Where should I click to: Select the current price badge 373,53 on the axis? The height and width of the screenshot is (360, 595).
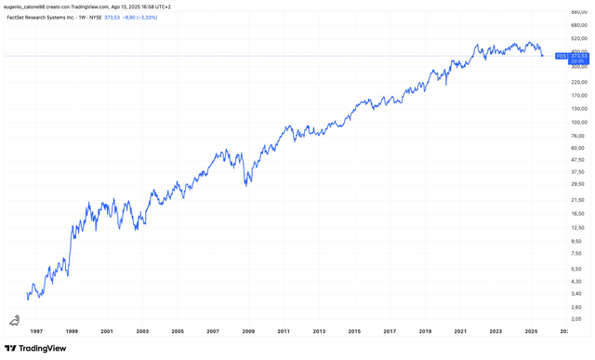[576, 56]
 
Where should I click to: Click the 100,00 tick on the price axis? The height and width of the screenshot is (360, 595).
[577, 121]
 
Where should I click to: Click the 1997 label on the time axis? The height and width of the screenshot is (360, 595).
[36, 330]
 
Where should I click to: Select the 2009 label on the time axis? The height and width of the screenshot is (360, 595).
[248, 330]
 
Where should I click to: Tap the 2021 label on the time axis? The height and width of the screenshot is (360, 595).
[460, 330]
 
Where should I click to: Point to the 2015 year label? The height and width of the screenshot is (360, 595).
[354, 330]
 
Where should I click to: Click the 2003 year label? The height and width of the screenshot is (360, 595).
[142, 330]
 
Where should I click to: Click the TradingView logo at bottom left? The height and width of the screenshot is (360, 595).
[37, 348]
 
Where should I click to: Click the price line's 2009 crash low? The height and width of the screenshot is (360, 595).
[245, 184]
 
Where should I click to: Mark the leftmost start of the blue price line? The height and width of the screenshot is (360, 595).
[27, 299]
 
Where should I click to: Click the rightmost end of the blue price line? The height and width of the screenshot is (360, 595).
[543, 56]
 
